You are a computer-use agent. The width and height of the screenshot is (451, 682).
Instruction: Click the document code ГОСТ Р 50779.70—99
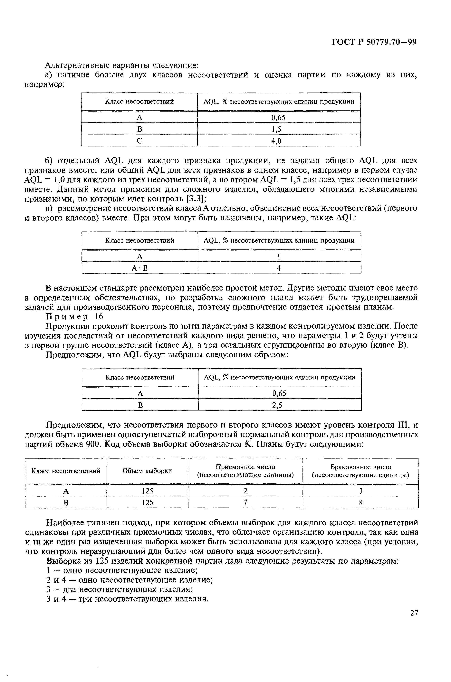(374, 42)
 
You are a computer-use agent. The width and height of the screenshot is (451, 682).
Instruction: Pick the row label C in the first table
(139, 141)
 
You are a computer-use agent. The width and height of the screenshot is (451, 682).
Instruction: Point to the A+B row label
(140, 268)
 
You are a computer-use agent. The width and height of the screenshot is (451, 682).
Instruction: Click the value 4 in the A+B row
(279, 268)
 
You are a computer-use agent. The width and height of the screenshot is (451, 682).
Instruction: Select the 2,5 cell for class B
(279, 405)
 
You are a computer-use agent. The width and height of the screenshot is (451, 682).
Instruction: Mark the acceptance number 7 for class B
(245, 503)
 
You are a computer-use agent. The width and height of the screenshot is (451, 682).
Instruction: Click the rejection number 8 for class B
(361, 503)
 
